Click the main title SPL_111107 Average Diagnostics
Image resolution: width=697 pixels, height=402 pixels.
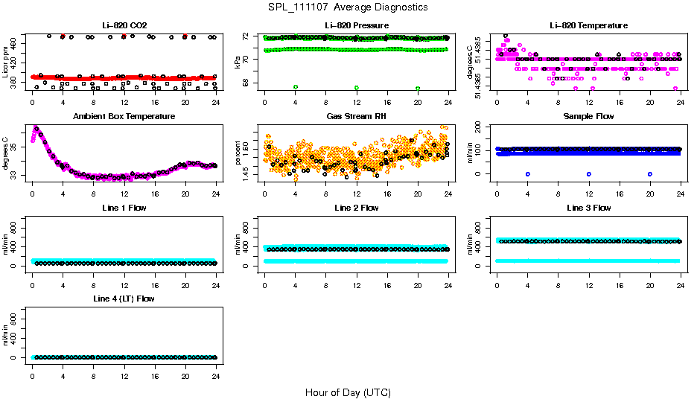coord(348,7)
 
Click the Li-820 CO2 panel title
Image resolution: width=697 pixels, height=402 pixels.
coord(124,25)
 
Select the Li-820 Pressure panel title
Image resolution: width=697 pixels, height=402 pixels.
coord(356,25)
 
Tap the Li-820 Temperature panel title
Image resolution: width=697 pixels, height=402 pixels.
coord(588,25)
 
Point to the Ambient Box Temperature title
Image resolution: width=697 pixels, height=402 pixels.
coord(124,117)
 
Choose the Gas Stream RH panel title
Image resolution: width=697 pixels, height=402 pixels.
coord(356,117)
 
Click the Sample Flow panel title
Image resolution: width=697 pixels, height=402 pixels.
coord(588,117)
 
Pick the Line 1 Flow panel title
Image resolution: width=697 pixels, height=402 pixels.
coord(124,208)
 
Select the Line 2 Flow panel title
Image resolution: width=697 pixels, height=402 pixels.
coord(356,208)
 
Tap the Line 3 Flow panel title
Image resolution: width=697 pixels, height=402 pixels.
coord(588,208)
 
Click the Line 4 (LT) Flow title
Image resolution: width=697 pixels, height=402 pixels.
coord(124,299)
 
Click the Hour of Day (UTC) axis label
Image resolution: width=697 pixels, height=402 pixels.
coord(348,392)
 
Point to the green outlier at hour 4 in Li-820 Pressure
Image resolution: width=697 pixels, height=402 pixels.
coord(296,88)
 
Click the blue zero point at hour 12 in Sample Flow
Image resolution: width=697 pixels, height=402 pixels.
coord(589,173)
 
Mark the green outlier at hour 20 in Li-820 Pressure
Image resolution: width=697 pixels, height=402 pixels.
coord(418,88)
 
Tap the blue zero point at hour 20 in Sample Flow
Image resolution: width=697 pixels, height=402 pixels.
coord(650,173)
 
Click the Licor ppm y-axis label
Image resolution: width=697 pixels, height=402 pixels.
coord(6,62)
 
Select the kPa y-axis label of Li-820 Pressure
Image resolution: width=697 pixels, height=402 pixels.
coord(238,62)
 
